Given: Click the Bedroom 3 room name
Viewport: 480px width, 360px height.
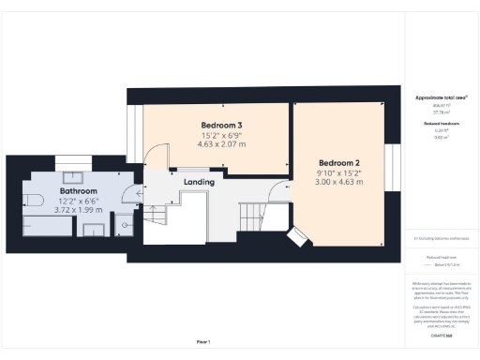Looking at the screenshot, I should click(x=222, y=126).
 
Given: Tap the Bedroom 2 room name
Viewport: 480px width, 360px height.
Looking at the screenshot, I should click(x=338, y=161).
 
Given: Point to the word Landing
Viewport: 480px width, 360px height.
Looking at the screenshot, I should click(x=199, y=181).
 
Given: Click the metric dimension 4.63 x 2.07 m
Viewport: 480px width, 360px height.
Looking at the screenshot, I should click(x=222, y=145).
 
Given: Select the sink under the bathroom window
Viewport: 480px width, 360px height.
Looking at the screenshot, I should click(x=73, y=178).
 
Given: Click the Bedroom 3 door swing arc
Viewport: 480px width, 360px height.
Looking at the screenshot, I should click(x=161, y=156).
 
